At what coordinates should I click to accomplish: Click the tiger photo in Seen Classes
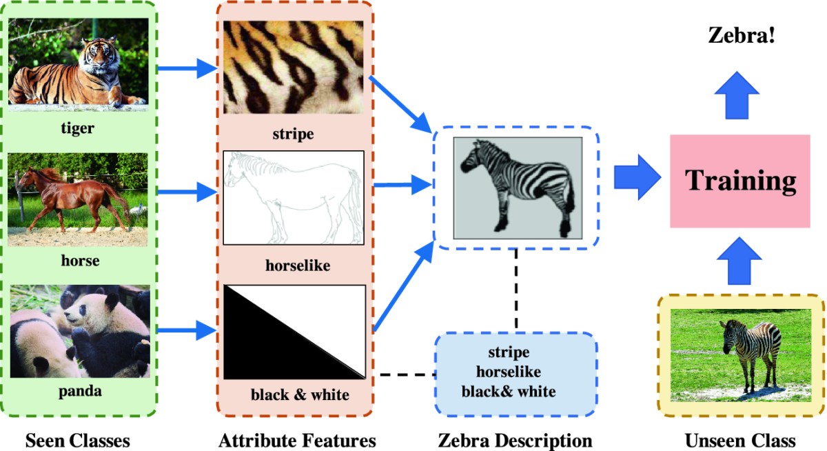click(x=79, y=65)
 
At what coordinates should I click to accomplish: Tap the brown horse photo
click(x=77, y=199)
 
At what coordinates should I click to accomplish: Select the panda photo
click(x=80, y=331)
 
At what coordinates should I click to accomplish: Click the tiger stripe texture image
click(x=293, y=67)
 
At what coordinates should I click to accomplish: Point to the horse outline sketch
click(x=294, y=198)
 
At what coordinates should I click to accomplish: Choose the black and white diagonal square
click(x=294, y=332)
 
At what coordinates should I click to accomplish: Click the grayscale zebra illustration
click(x=518, y=188)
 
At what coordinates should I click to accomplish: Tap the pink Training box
click(x=740, y=181)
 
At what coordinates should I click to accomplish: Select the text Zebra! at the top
click(x=742, y=36)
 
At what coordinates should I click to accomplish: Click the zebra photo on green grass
click(x=741, y=355)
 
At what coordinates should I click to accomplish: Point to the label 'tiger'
click(x=77, y=128)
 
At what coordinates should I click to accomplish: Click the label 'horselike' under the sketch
click(x=298, y=265)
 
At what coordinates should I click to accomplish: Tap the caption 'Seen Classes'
click(x=77, y=440)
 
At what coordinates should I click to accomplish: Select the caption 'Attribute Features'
click(x=297, y=440)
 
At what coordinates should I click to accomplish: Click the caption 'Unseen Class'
click(x=740, y=440)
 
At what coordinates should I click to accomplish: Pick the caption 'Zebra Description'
click(x=515, y=440)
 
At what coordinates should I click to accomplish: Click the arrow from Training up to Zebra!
click(x=737, y=95)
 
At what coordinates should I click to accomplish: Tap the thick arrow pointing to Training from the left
click(x=637, y=178)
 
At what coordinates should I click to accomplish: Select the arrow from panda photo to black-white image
click(x=187, y=330)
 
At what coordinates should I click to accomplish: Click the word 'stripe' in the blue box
click(x=509, y=352)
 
